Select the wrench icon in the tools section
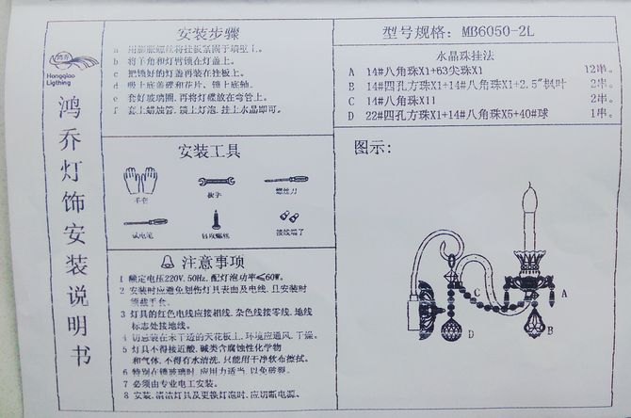coord(216,181)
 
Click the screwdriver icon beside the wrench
coord(285,179)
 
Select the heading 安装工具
coord(208,150)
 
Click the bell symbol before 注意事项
coord(168,261)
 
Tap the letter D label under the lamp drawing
coord(471,334)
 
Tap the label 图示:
coord(373,148)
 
